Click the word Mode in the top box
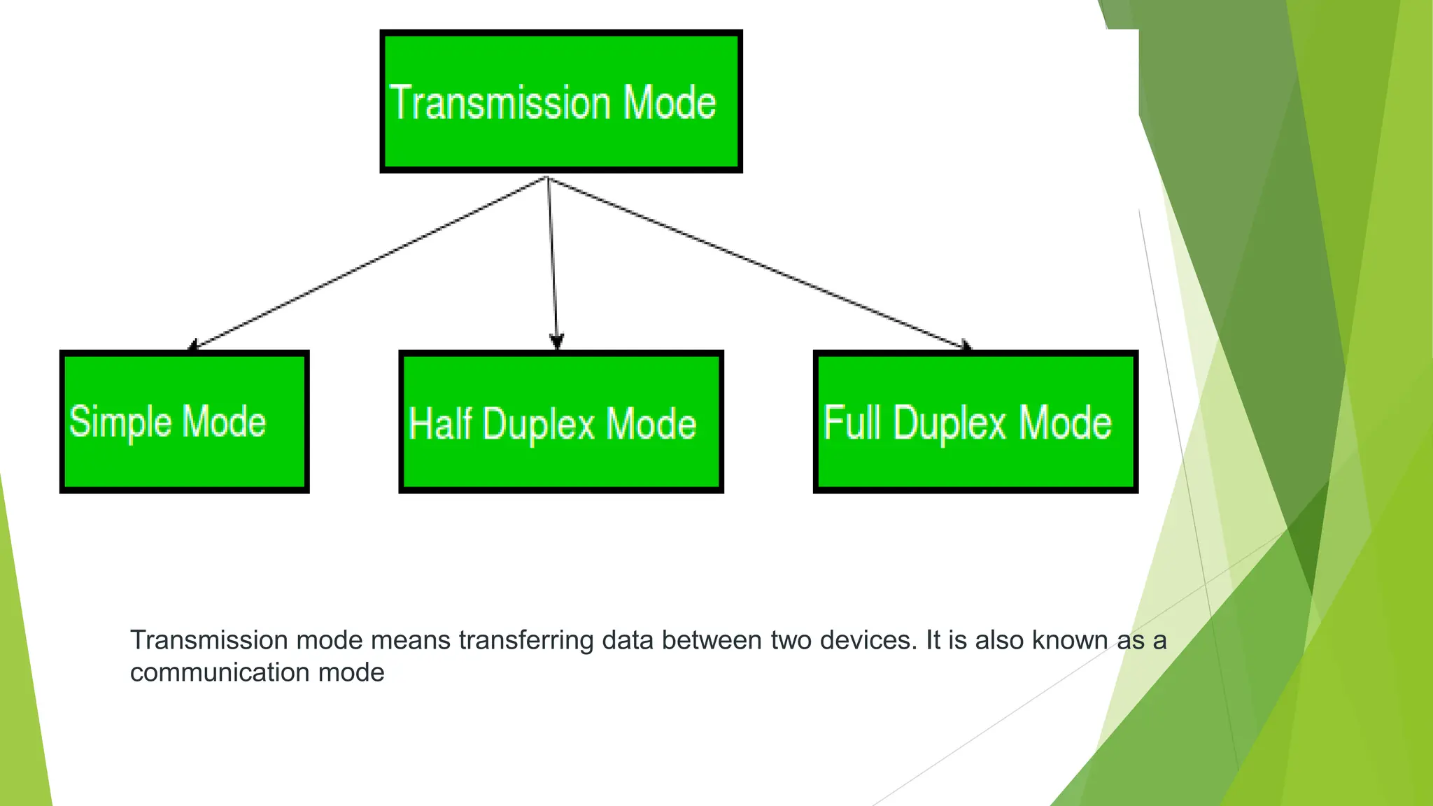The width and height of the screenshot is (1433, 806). tap(670, 103)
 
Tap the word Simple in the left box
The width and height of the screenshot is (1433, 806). tap(120, 423)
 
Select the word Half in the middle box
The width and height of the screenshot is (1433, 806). tap(440, 424)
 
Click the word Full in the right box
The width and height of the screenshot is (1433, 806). tap(852, 423)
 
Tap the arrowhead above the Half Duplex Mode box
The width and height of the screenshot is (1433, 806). tap(556, 342)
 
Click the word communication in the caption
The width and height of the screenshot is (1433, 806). tap(220, 672)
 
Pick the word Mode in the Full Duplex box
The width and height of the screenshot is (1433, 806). tap(1065, 423)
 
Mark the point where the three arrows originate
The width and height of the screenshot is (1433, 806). tap(547, 178)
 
